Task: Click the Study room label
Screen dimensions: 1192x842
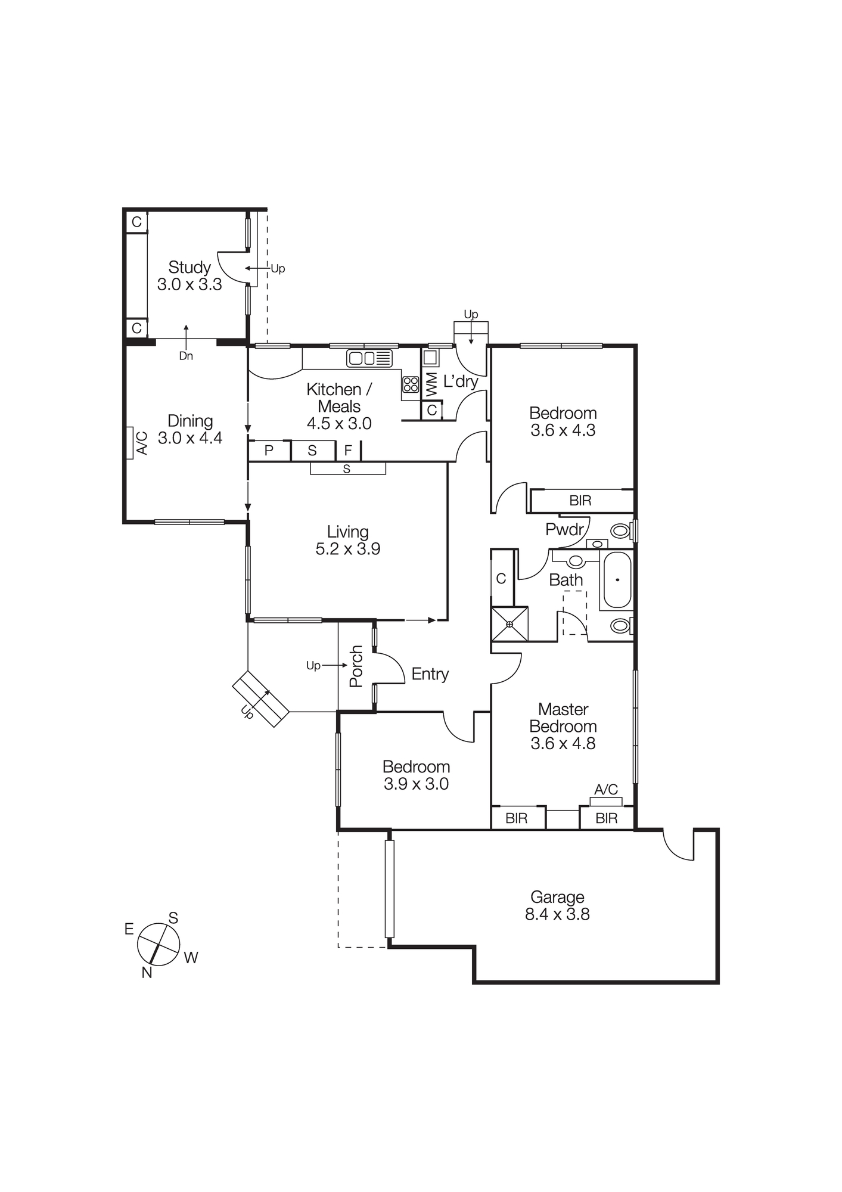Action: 189,267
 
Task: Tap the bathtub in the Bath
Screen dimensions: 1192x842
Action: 617,580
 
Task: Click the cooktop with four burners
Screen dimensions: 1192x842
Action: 411,384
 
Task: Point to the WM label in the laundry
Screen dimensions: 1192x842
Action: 431,384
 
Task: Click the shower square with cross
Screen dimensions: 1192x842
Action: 509,624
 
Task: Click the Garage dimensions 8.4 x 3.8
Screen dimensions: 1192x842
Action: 557,914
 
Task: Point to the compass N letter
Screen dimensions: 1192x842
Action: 147,973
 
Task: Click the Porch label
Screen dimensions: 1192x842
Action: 356,666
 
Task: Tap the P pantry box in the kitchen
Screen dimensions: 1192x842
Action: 269,451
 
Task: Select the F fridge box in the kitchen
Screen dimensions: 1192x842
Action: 348,451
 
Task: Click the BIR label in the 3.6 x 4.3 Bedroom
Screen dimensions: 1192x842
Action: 580,501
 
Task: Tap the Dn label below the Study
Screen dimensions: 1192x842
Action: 186,356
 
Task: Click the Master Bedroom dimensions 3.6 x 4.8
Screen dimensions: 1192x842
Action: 563,743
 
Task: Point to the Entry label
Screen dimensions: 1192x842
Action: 430,674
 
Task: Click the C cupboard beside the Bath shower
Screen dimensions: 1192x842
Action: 501,578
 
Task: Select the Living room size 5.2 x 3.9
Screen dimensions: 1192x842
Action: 347,549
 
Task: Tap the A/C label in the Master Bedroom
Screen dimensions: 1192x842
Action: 606,790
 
